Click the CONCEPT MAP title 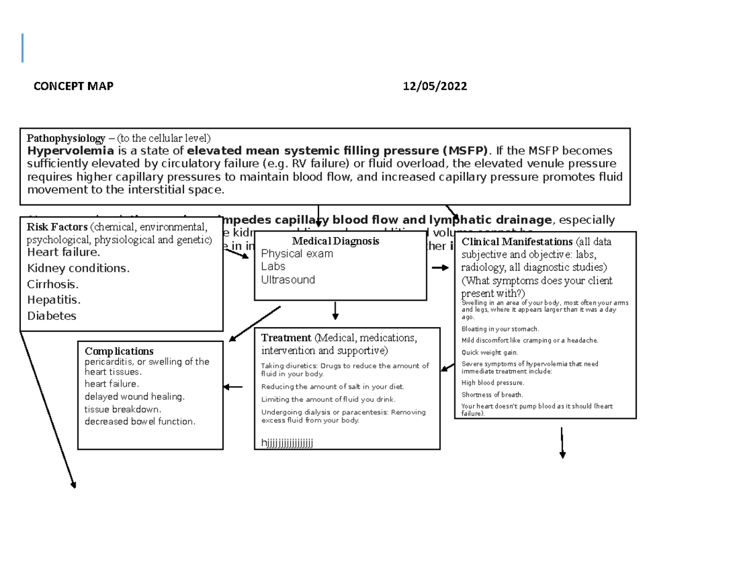[73, 86]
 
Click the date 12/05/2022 [435, 86]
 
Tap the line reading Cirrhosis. [53, 285]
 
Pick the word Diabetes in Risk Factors [52, 316]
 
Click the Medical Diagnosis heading [336, 241]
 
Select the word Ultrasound [288, 280]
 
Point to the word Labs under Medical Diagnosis [273, 267]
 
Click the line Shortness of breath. [492, 395]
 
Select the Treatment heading [286, 338]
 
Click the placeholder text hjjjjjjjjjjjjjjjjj [287, 442]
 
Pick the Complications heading [119, 352]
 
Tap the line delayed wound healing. [134, 397]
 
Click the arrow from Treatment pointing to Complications [233, 387]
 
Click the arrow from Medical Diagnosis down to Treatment [335, 310]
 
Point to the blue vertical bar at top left [23, 48]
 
